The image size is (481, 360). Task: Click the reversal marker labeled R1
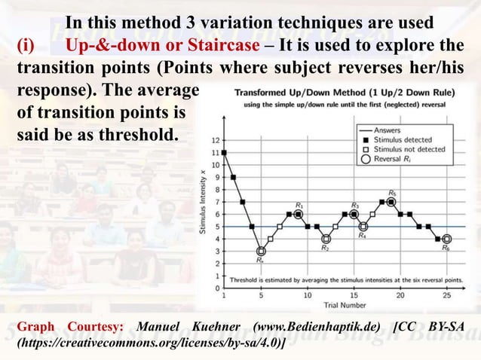pos(299,214)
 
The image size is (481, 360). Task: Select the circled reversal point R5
pos(391,202)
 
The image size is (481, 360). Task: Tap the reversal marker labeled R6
pos(447,239)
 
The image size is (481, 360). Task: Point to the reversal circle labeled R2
pos(326,239)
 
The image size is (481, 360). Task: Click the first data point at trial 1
pos(224,152)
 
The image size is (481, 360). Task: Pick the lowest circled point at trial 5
pos(261,252)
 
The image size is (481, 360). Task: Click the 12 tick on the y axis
pos(217,140)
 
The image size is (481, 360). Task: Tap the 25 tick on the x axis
pos(447,295)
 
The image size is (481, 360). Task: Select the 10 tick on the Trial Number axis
pos(308,295)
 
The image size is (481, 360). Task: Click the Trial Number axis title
pos(335,305)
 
